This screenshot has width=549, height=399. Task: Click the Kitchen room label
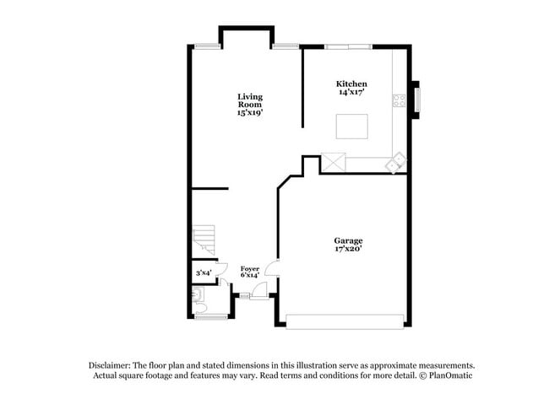click(x=351, y=84)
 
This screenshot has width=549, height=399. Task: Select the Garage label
click(x=347, y=241)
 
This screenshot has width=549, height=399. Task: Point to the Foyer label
click(x=249, y=268)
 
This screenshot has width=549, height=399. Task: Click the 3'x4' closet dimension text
click(x=204, y=272)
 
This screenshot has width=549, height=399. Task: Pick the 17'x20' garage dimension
click(x=347, y=250)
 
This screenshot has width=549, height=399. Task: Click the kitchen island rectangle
click(x=352, y=126)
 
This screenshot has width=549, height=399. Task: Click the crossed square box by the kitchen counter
click(x=333, y=161)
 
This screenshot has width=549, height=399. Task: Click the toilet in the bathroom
click(x=197, y=295)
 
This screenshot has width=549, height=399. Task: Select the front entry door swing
click(x=258, y=290)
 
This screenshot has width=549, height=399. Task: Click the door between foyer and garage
click(x=272, y=269)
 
